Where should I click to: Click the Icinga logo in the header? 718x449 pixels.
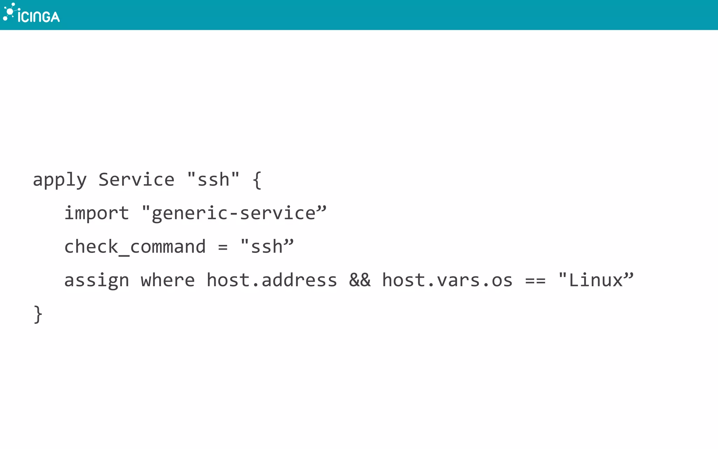32,14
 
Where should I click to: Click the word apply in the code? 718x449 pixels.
60,180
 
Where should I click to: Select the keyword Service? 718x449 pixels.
136,180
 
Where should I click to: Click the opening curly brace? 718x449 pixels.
257,180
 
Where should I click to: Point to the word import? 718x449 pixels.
97,213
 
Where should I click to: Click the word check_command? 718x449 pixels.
135,247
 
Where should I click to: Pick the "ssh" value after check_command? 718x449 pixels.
267,246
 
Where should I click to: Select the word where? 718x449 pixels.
168,280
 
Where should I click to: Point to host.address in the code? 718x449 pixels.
272,280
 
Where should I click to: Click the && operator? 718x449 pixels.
360,280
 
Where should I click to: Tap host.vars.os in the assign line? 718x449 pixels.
447,280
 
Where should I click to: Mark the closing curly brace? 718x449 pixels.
38,314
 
